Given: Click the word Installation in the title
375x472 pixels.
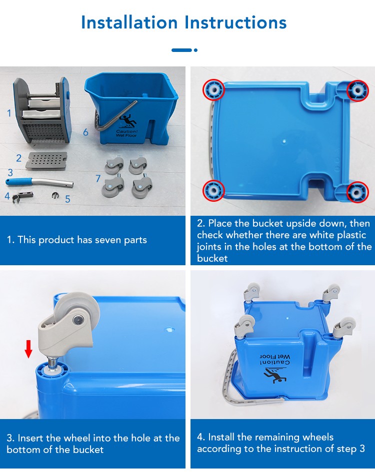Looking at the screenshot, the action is coord(129,22).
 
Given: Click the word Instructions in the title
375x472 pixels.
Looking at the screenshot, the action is coord(235,22).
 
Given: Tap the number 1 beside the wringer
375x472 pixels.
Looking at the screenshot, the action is coord(9,113).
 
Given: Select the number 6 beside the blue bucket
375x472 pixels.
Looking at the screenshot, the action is coord(85,132).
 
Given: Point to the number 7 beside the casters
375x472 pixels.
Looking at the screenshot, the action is coord(98,178).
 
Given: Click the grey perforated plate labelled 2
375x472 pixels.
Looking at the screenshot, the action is coord(46,160).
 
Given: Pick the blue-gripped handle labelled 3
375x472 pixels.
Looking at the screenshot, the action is coord(39,182).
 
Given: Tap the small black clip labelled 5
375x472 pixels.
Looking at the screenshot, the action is coord(55,195).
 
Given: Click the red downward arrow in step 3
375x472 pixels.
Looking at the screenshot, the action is coord(28,349).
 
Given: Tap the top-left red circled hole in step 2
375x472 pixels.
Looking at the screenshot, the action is coord(213,89).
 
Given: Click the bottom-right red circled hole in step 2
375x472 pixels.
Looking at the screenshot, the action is coord(357,192).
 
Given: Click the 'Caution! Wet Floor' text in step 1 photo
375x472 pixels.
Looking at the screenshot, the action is coord(127,133).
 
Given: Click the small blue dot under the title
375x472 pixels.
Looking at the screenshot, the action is coord(195,50).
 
